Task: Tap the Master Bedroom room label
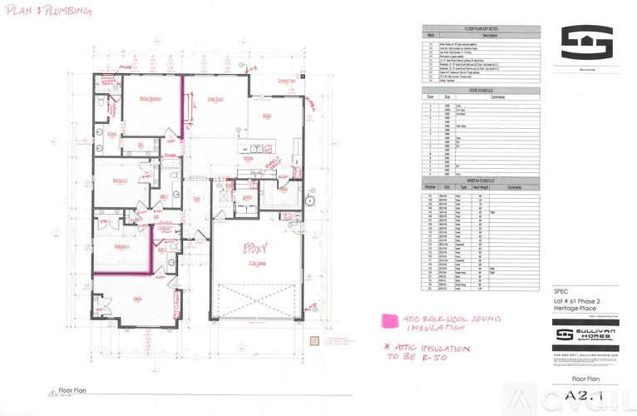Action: [x=150, y=98]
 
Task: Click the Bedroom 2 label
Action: [x=120, y=179]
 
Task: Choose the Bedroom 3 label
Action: [x=121, y=247]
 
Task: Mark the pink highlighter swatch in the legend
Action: [x=387, y=319]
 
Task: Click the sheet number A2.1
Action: [x=587, y=398]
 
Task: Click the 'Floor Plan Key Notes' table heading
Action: [x=481, y=29]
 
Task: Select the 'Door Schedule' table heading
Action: [x=481, y=90]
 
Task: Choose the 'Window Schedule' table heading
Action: [x=481, y=179]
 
